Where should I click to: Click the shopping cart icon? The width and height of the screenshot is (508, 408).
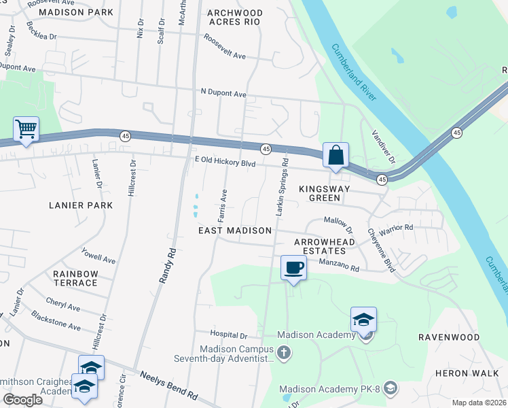coord(26,129)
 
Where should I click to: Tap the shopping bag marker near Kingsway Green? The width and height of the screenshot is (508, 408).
coord(335,155)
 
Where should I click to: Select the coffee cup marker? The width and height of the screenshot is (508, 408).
coord(293,267)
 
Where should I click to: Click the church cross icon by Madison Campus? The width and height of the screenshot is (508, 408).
coord(284,352)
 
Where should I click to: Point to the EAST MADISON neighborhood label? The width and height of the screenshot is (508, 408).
coord(235,231)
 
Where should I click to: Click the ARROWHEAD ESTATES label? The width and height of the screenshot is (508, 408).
coord(324,246)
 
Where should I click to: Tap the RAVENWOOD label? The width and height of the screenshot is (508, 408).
coord(448,337)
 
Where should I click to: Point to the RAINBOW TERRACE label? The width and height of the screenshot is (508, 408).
coord(75,278)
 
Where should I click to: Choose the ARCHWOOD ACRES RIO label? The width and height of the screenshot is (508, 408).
coord(234,17)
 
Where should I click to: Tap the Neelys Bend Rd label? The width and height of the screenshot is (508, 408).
coord(168,385)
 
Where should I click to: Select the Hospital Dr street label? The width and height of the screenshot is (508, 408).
coord(229,335)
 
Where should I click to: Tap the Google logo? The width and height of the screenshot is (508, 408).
coord(22,400)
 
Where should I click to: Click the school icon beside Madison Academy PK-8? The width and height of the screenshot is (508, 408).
coord(391,389)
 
